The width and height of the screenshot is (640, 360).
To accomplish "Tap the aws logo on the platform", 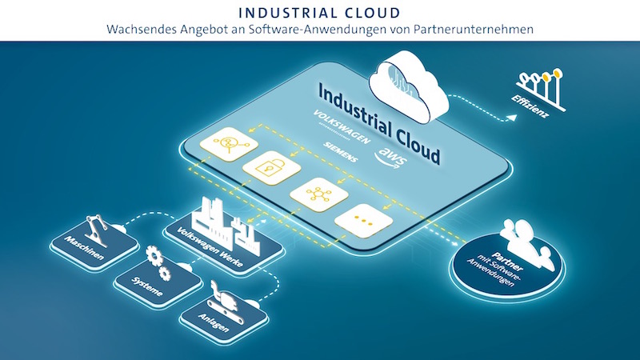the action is [391, 158].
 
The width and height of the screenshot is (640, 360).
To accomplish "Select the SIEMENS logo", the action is [341, 151].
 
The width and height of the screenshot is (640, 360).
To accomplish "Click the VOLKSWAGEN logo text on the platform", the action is [342, 126].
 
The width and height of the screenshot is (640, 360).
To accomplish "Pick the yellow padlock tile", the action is [271, 167].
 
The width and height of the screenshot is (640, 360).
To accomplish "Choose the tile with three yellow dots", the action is [364, 221].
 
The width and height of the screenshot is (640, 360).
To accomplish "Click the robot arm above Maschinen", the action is [97, 230].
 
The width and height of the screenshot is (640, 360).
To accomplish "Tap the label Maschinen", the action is [85, 248].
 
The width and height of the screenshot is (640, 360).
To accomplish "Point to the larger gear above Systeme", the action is [154, 255].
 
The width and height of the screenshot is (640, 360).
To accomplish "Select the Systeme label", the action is [147, 286].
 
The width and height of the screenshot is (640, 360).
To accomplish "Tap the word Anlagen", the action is [213, 322].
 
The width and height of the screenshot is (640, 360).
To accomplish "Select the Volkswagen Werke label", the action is [210, 247].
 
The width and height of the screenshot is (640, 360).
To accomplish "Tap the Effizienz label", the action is [530, 106].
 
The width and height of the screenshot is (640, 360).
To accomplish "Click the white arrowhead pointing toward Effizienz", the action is [511, 118].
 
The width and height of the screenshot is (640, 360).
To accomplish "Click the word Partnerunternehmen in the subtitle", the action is [473, 30].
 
